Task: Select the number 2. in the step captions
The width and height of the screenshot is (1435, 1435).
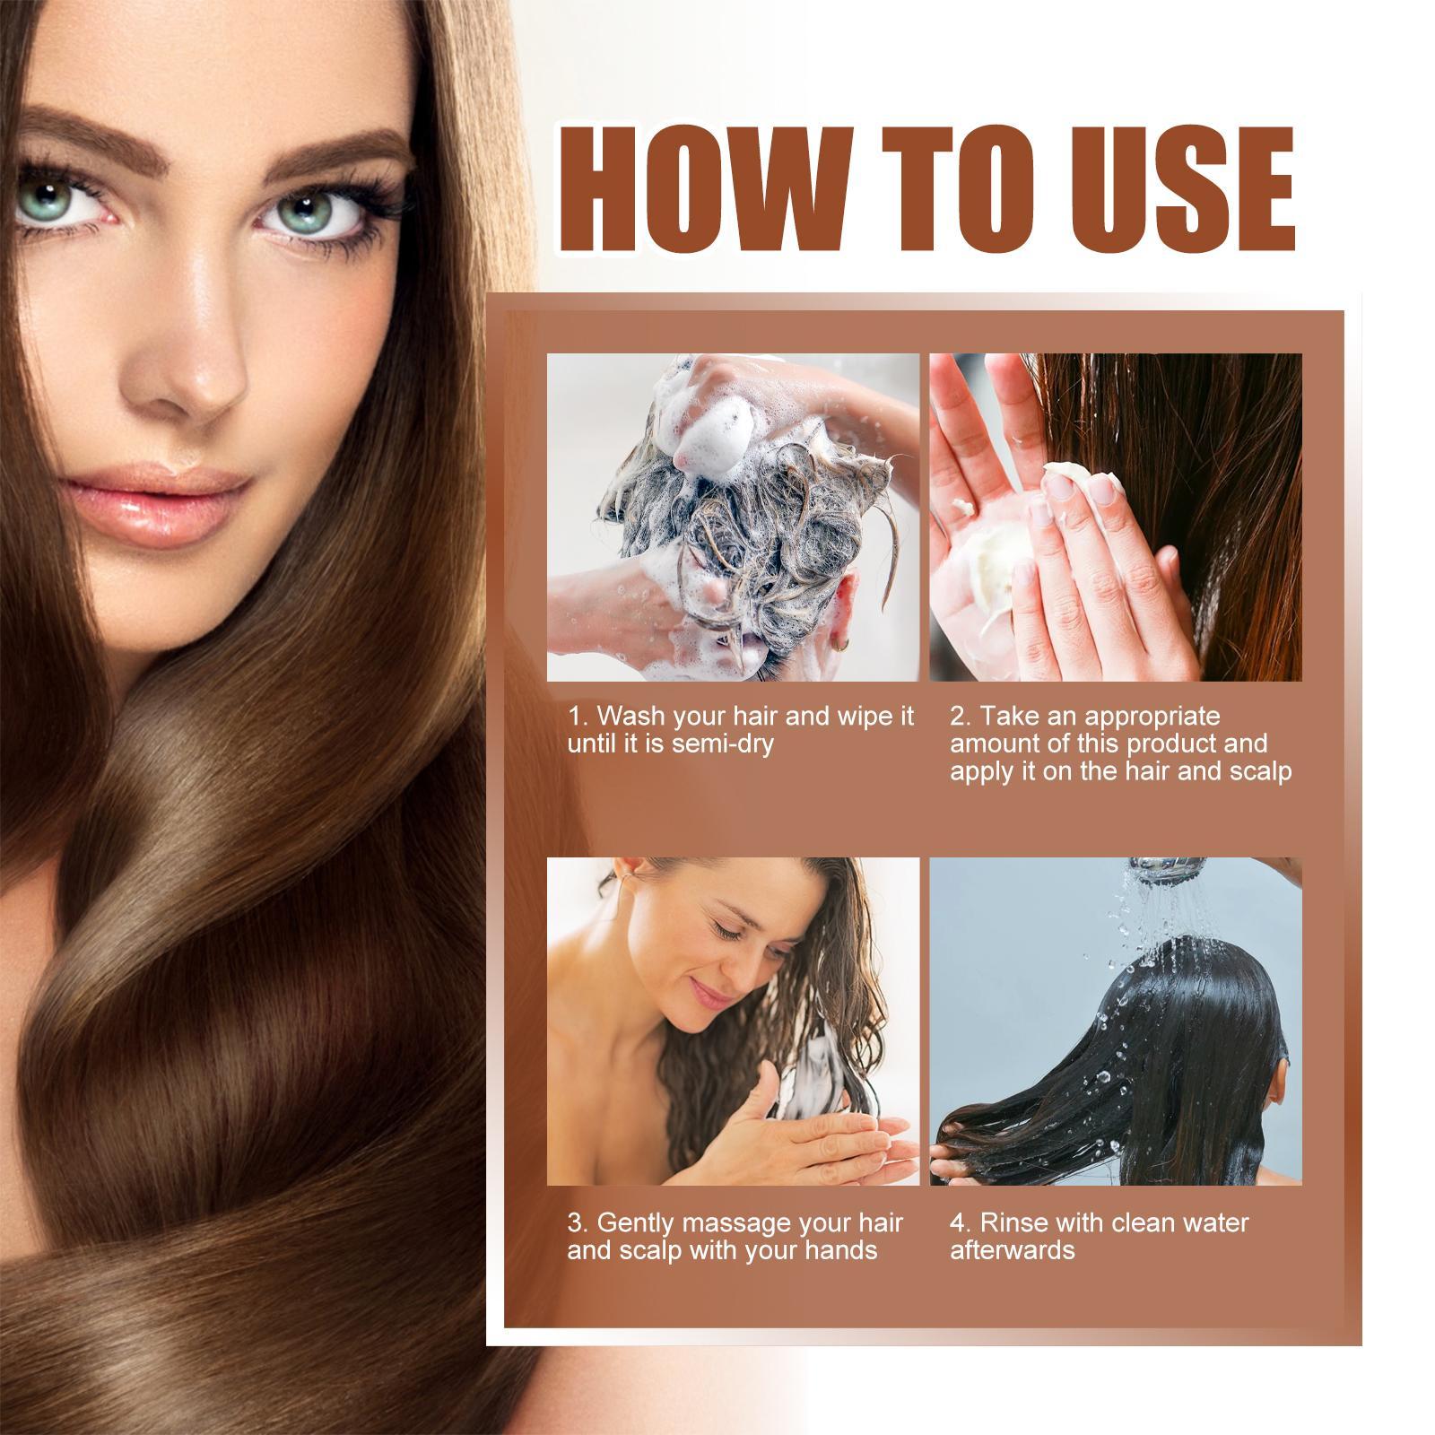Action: point(961,717)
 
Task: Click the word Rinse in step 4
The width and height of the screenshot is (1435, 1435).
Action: point(1015,1222)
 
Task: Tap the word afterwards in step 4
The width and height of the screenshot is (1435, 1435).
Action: point(1012,1249)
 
